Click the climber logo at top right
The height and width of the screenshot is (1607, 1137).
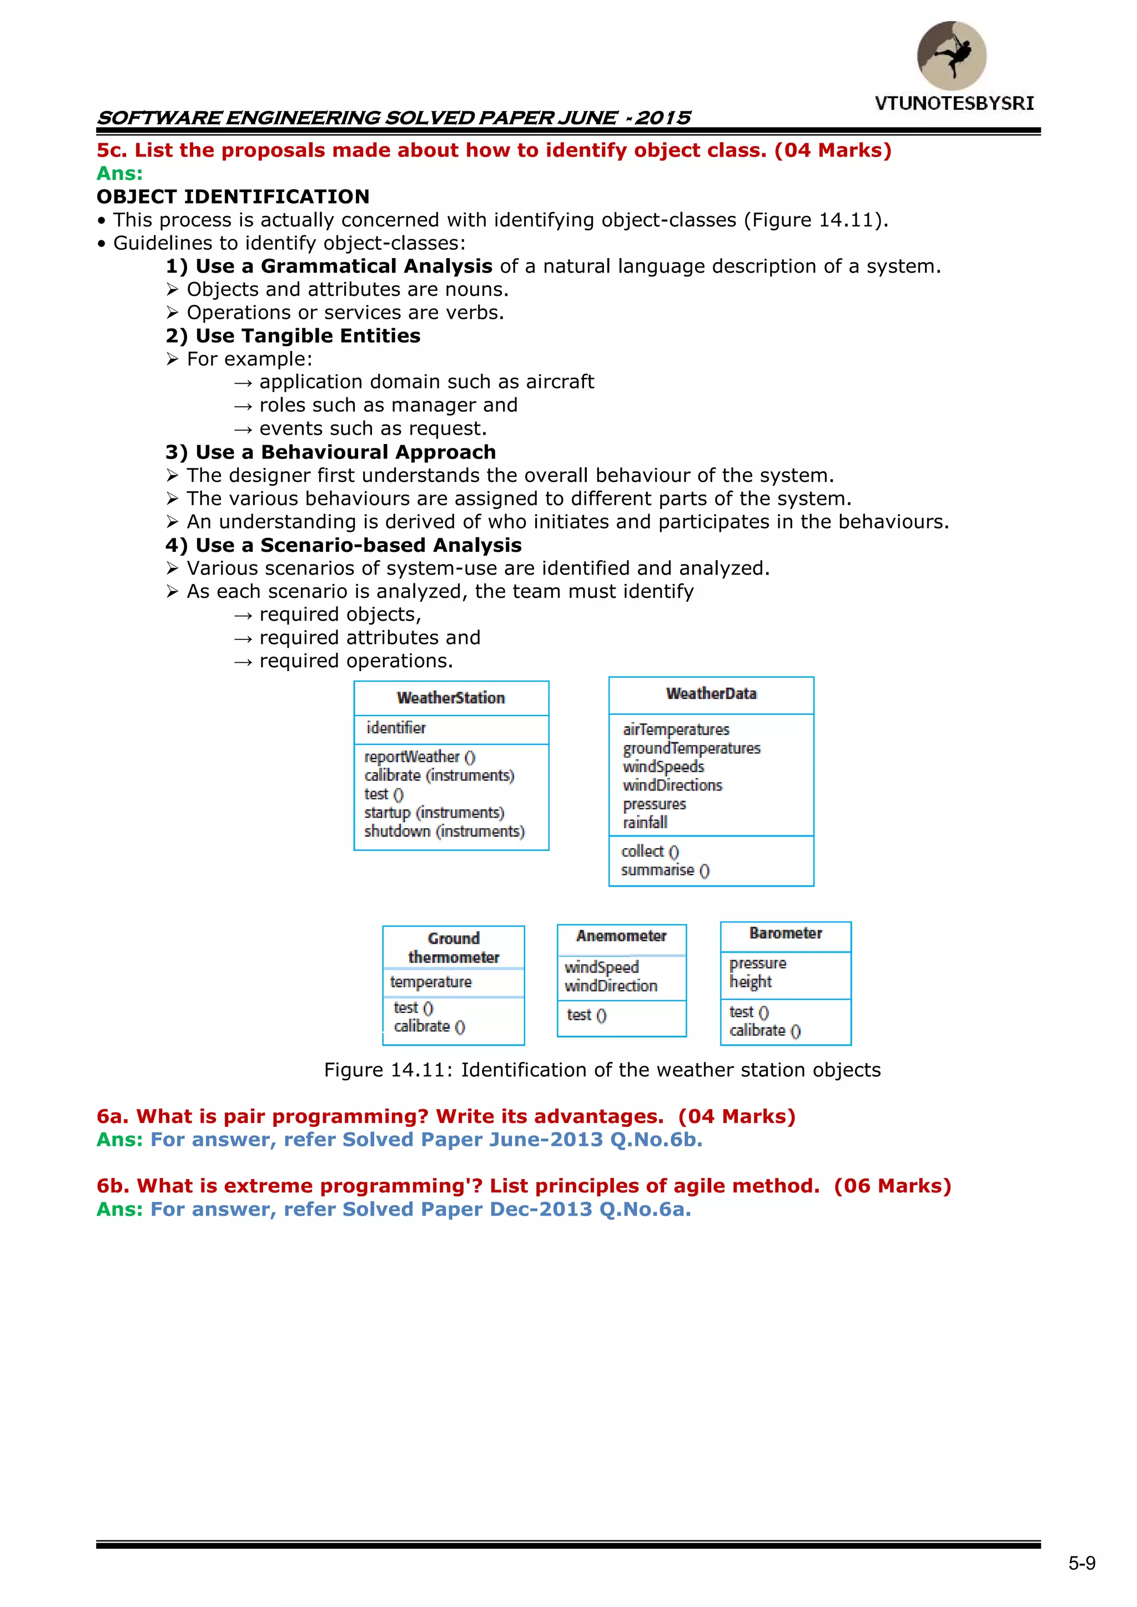click(952, 56)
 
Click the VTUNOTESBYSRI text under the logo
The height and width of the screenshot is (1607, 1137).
click(954, 104)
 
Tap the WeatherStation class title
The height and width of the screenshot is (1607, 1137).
click(450, 698)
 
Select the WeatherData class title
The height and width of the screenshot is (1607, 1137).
click(711, 694)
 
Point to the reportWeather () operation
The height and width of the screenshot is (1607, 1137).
click(419, 757)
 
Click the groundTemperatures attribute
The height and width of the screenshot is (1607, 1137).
click(691, 748)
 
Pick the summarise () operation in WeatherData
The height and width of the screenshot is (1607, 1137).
click(665, 870)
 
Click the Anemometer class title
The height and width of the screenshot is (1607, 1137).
click(621, 936)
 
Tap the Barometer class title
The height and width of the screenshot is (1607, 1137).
click(785, 933)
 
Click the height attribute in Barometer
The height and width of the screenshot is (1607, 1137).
click(750, 982)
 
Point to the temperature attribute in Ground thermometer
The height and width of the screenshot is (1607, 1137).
click(431, 982)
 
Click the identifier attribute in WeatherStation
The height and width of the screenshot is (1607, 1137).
click(396, 728)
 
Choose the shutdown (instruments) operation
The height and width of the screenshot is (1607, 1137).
click(444, 832)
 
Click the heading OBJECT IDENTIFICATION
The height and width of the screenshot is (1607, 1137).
click(233, 197)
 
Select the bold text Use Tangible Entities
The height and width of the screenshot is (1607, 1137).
click(308, 336)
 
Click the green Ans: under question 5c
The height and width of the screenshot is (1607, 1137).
click(119, 174)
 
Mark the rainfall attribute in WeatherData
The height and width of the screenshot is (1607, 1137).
click(645, 823)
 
